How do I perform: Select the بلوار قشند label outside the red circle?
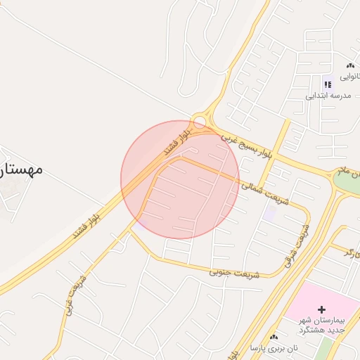pos(88,219)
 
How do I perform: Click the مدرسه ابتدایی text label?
pos(327,94)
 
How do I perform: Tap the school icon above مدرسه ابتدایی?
pos(328,84)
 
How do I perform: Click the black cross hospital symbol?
pos(322,309)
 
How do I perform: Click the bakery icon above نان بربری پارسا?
pos(274,337)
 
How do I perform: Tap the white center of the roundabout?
pos(200,122)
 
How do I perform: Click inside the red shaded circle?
pos(180,180)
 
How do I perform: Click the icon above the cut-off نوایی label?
pos(350,65)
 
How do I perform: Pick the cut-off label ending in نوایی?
pos(351,75)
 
